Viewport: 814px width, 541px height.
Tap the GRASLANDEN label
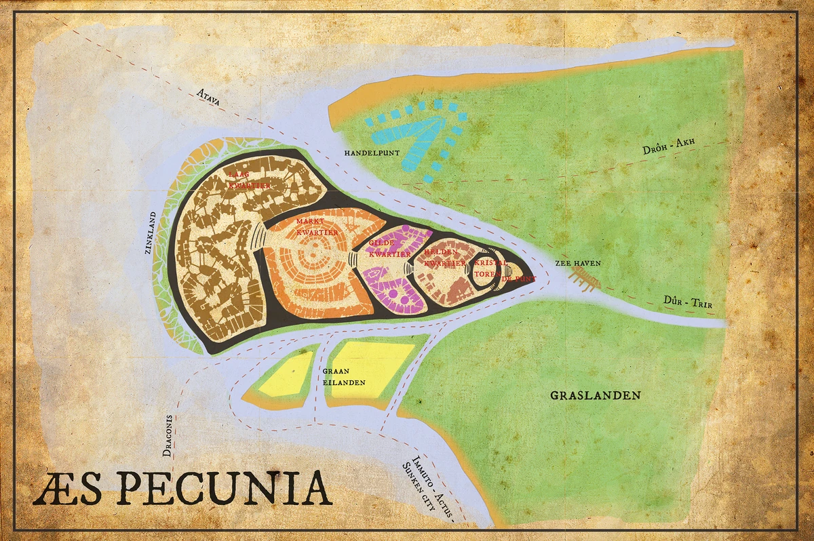click(x=595, y=395)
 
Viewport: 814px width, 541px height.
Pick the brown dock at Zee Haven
click(x=585, y=278)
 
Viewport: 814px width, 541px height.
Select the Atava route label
click(x=210, y=98)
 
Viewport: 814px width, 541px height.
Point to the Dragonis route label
click(x=168, y=437)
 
